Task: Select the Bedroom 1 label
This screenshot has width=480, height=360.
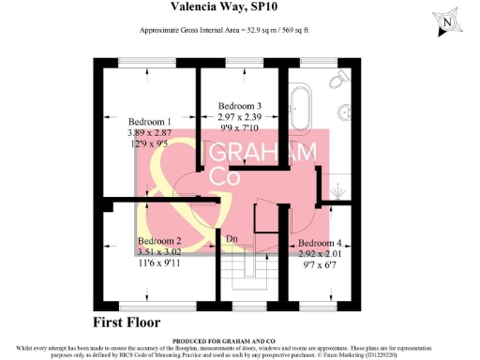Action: [x=150, y=122]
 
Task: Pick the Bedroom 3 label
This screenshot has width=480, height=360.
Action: [x=239, y=106]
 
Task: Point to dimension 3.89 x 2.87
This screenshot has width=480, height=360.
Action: [x=150, y=134]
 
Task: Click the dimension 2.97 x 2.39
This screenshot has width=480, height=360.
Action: [x=239, y=117]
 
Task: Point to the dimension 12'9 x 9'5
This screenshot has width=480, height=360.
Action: [x=150, y=145]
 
